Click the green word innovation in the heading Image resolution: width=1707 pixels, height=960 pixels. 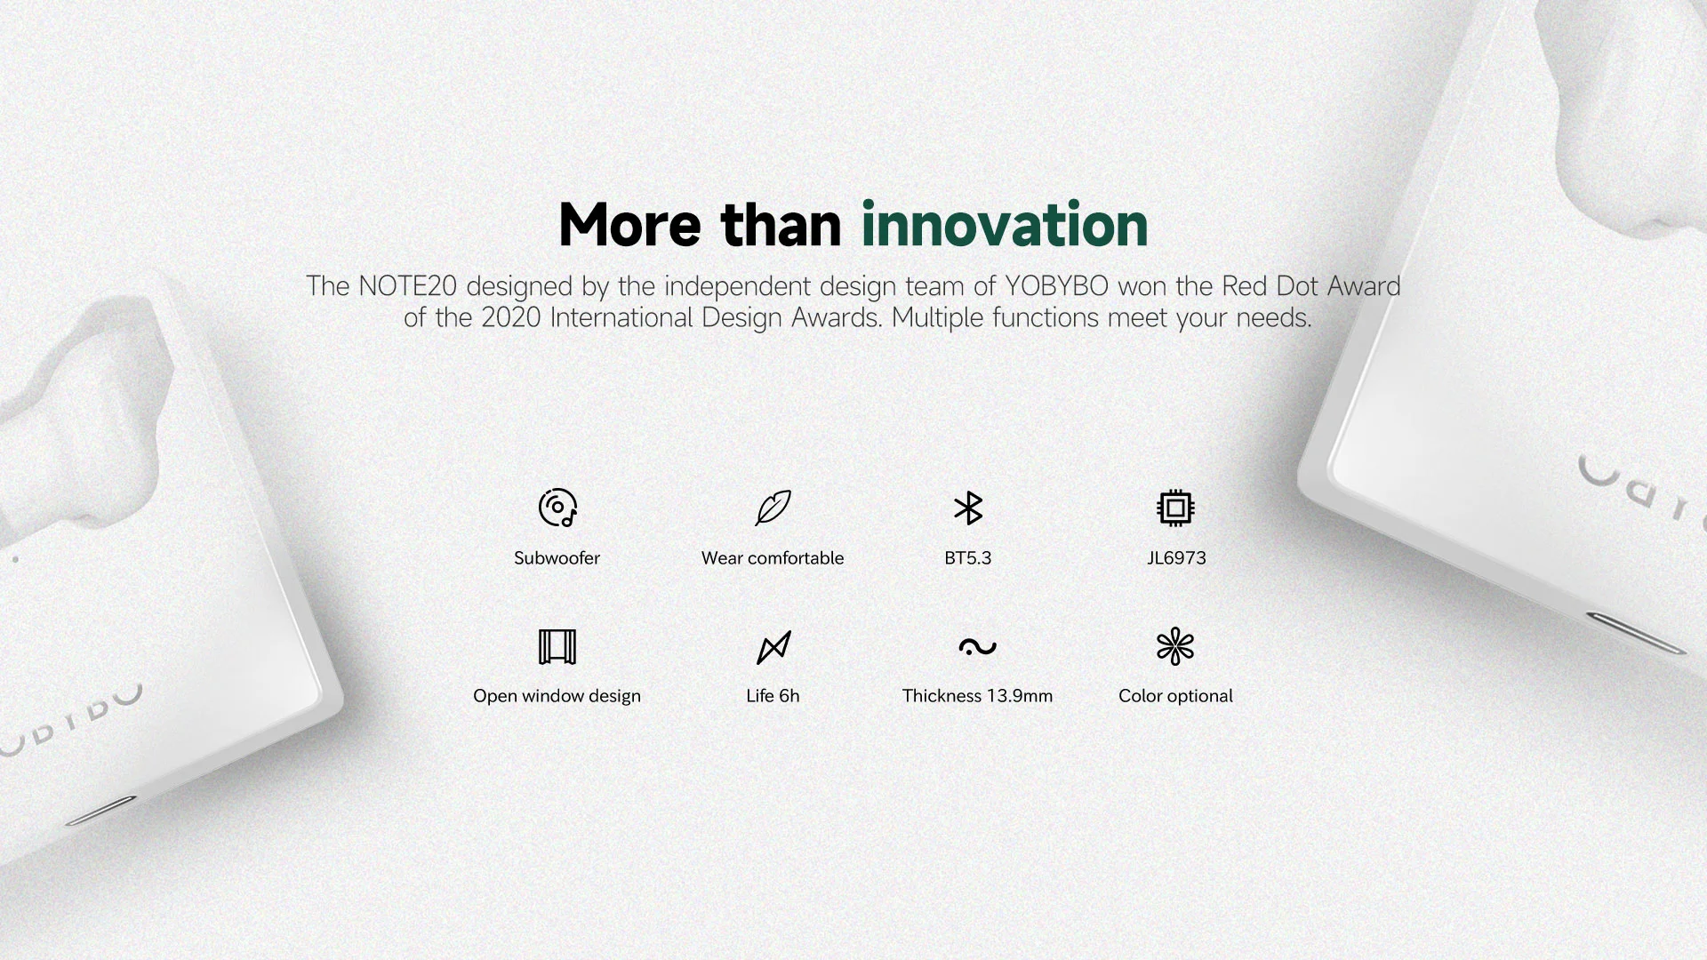tap(1005, 224)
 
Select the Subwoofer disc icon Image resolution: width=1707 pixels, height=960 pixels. tap(557, 508)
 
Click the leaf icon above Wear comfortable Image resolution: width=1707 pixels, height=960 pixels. tap(773, 508)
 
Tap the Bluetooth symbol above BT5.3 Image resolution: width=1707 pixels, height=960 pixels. tap(967, 508)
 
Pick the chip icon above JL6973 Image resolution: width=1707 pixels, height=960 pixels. tap(1175, 508)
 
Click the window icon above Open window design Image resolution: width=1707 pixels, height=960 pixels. tap(557, 646)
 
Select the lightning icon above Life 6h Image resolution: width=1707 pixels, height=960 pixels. tap(773, 647)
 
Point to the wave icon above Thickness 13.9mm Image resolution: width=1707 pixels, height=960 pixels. tap(977, 646)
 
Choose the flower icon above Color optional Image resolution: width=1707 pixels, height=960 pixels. tap(1175, 646)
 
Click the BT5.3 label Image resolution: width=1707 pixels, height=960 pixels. tap(967, 558)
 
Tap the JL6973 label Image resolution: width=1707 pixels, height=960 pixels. tap(1176, 558)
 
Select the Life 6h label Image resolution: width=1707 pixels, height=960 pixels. tap(773, 696)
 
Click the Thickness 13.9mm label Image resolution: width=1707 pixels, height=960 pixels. tap(977, 696)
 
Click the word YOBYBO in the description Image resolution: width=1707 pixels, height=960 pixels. tap(1057, 286)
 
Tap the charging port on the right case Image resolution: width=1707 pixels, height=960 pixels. tap(1637, 632)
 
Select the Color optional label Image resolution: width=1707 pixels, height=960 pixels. tap(1175, 696)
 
